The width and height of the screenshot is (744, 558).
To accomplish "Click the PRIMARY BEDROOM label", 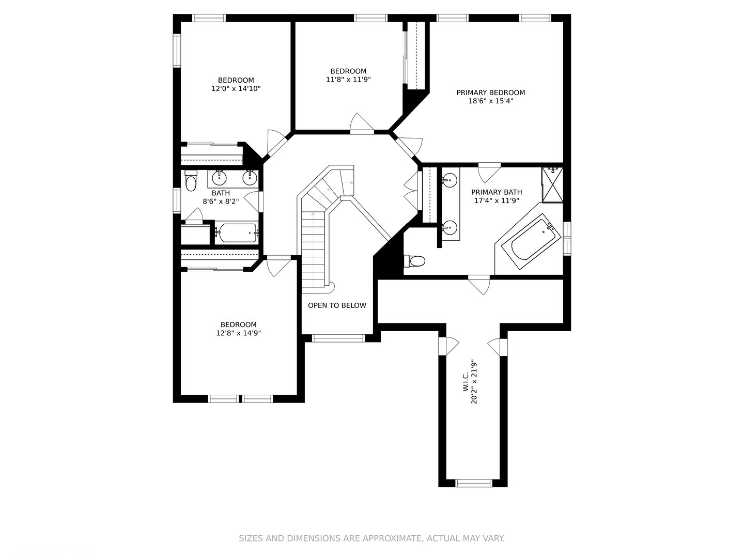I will click(x=490, y=92).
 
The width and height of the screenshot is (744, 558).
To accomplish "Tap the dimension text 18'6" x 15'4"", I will click(x=490, y=101).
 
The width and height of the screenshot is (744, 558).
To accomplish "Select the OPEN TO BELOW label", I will click(x=337, y=305).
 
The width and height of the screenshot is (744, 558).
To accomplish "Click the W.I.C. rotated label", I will click(x=466, y=381).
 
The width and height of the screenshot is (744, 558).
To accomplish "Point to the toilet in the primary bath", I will click(x=415, y=261).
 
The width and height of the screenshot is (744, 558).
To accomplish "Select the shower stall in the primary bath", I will click(x=552, y=184).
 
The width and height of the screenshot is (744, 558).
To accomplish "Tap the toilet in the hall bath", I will click(x=191, y=182).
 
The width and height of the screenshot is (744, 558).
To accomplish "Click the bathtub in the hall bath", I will click(x=236, y=233).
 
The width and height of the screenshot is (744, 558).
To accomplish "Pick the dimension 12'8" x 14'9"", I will click(x=238, y=333).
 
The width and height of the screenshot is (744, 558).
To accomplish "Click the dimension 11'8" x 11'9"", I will click(x=348, y=80).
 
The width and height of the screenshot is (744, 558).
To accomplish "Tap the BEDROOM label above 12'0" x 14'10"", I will click(x=236, y=80).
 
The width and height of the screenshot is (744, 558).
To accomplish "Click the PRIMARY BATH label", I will click(x=497, y=192).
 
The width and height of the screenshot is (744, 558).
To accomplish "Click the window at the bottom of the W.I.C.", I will click(x=473, y=483).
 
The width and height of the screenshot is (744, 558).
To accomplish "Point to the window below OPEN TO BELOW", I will click(x=338, y=338).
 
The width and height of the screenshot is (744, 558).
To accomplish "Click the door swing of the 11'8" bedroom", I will click(x=362, y=123).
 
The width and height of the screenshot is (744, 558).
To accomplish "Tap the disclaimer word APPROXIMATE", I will click(x=391, y=538).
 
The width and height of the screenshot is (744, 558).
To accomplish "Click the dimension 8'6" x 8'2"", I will click(x=221, y=202).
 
